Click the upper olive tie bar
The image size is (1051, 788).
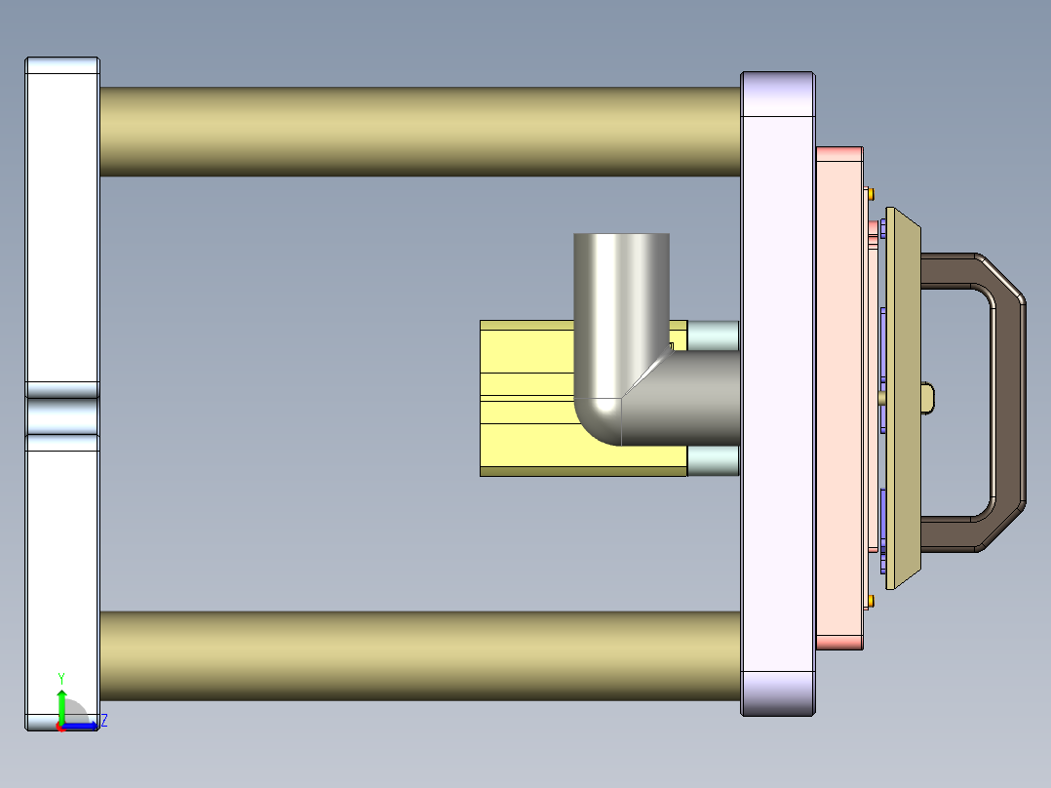click(419, 132)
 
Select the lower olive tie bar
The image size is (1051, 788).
click(419, 655)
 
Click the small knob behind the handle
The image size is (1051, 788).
click(928, 397)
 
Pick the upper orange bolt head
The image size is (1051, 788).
click(871, 191)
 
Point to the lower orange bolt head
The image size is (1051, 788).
click(871, 602)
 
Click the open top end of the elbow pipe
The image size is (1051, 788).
click(621, 236)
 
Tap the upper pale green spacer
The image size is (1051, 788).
click(713, 335)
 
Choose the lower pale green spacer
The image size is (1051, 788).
click(713, 460)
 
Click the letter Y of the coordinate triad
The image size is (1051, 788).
click(61, 678)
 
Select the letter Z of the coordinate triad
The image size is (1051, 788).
click(103, 721)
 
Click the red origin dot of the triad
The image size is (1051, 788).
click(60, 727)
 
